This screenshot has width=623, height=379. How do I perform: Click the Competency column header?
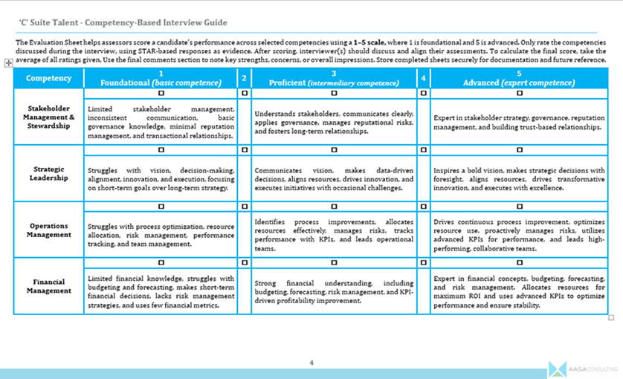pyautogui.click(x=48, y=78)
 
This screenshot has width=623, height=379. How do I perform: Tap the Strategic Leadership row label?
pyautogui.click(x=48, y=173)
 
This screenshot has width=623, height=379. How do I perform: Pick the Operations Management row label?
pyautogui.click(x=48, y=230)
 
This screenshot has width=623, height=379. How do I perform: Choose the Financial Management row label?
pyautogui.click(x=48, y=286)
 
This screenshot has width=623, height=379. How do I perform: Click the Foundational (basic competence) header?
pyautogui.click(x=161, y=78)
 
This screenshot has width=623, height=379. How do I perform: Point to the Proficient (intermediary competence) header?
pyautogui.click(x=334, y=78)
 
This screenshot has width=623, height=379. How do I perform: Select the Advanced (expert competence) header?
pyautogui.click(x=519, y=78)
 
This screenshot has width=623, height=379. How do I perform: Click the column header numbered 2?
pyautogui.click(x=244, y=78)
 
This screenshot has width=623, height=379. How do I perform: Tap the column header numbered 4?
pyautogui.click(x=423, y=78)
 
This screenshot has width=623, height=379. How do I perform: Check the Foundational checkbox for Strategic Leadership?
pyautogui.click(x=161, y=150)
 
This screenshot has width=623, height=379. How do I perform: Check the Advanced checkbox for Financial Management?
pyautogui.click(x=519, y=263)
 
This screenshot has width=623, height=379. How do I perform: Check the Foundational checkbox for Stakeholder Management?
pyautogui.click(x=161, y=94)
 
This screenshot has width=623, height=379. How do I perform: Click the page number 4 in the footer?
pyautogui.click(x=311, y=362)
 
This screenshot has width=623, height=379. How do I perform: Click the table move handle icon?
pyautogui.click(x=7, y=65)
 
